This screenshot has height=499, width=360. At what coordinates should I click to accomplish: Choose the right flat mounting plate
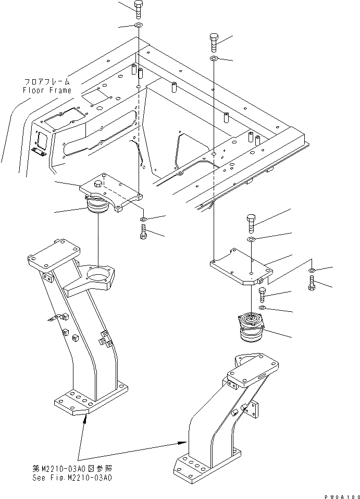241,269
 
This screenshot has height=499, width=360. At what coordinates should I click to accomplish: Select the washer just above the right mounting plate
251,239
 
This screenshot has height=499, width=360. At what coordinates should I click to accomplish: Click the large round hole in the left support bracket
98,273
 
